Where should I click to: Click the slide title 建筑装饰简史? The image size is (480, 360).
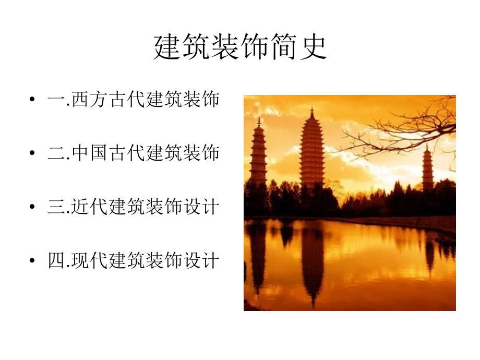point(240,47)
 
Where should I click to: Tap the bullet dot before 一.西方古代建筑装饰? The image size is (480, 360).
point(32,99)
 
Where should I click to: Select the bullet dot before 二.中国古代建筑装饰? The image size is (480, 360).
point(32,153)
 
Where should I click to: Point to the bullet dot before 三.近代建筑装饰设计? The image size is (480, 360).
point(32,207)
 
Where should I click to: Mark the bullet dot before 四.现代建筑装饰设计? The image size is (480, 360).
point(32,260)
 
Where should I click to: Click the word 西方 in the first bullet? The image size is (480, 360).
point(89,99)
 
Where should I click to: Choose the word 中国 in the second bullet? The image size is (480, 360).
point(89,153)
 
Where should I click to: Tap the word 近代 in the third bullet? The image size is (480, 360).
point(89,207)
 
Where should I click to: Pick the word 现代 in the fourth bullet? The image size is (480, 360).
point(89,260)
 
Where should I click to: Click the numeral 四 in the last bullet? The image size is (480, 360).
point(57,260)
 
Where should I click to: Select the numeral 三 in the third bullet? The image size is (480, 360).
point(57,207)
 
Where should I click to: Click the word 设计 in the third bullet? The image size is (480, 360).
point(201,207)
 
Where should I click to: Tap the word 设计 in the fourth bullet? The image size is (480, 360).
point(201,260)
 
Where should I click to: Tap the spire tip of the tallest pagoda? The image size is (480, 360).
point(312,108)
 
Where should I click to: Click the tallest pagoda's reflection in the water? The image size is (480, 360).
point(313,263)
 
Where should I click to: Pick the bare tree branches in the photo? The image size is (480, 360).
point(407,131)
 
